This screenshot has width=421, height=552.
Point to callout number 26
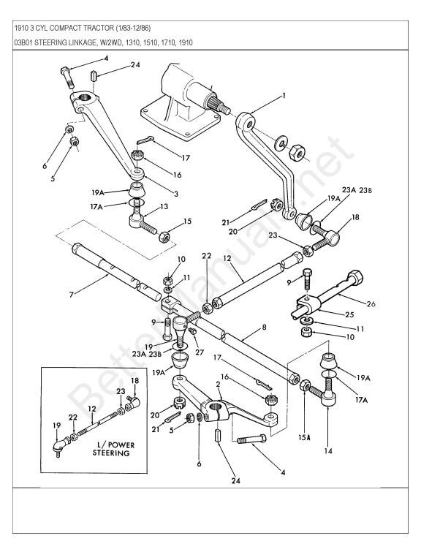click(392, 304)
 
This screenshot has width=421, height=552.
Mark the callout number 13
click(164, 207)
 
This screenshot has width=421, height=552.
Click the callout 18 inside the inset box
click(134, 381)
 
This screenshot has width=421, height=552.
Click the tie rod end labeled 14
click(327, 399)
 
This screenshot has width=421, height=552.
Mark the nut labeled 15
click(167, 235)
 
